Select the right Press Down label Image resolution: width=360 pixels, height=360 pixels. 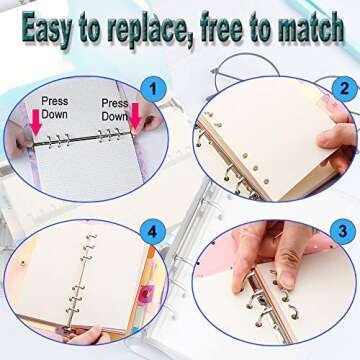coord(114,108)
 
